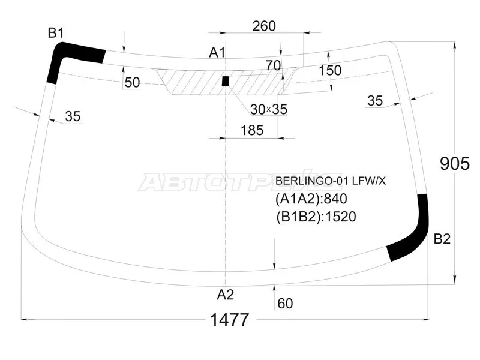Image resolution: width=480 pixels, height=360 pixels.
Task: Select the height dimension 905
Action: (x=454, y=163)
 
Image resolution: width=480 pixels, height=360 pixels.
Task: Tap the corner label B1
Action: (x=56, y=33)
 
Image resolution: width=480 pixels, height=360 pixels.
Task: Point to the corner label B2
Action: (x=442, y=239)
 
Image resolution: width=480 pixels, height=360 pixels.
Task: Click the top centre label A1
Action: (x=217, y=53)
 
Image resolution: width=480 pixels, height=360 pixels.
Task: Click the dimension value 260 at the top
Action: (x=264, y=26)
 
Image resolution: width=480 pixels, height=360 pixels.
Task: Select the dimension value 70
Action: (x=273, y=65)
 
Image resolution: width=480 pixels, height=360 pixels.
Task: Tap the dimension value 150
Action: (x=329, y=70)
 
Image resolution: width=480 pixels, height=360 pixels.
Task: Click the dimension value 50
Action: (x=133, y=83)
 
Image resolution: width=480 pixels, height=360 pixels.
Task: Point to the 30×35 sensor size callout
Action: (x=269, y=109)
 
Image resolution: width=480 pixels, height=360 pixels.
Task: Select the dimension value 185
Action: (x=251, y=130)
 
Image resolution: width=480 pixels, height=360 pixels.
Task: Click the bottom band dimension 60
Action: (x=285, y=304)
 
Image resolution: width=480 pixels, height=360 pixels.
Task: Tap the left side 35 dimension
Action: (x=72, y=116)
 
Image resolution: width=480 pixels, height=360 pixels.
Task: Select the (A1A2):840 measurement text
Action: (x=311, y=199)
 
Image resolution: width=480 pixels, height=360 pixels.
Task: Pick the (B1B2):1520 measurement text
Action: (x=316, y=216)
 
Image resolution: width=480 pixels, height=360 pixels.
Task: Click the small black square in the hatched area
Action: (x=226, y=81)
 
